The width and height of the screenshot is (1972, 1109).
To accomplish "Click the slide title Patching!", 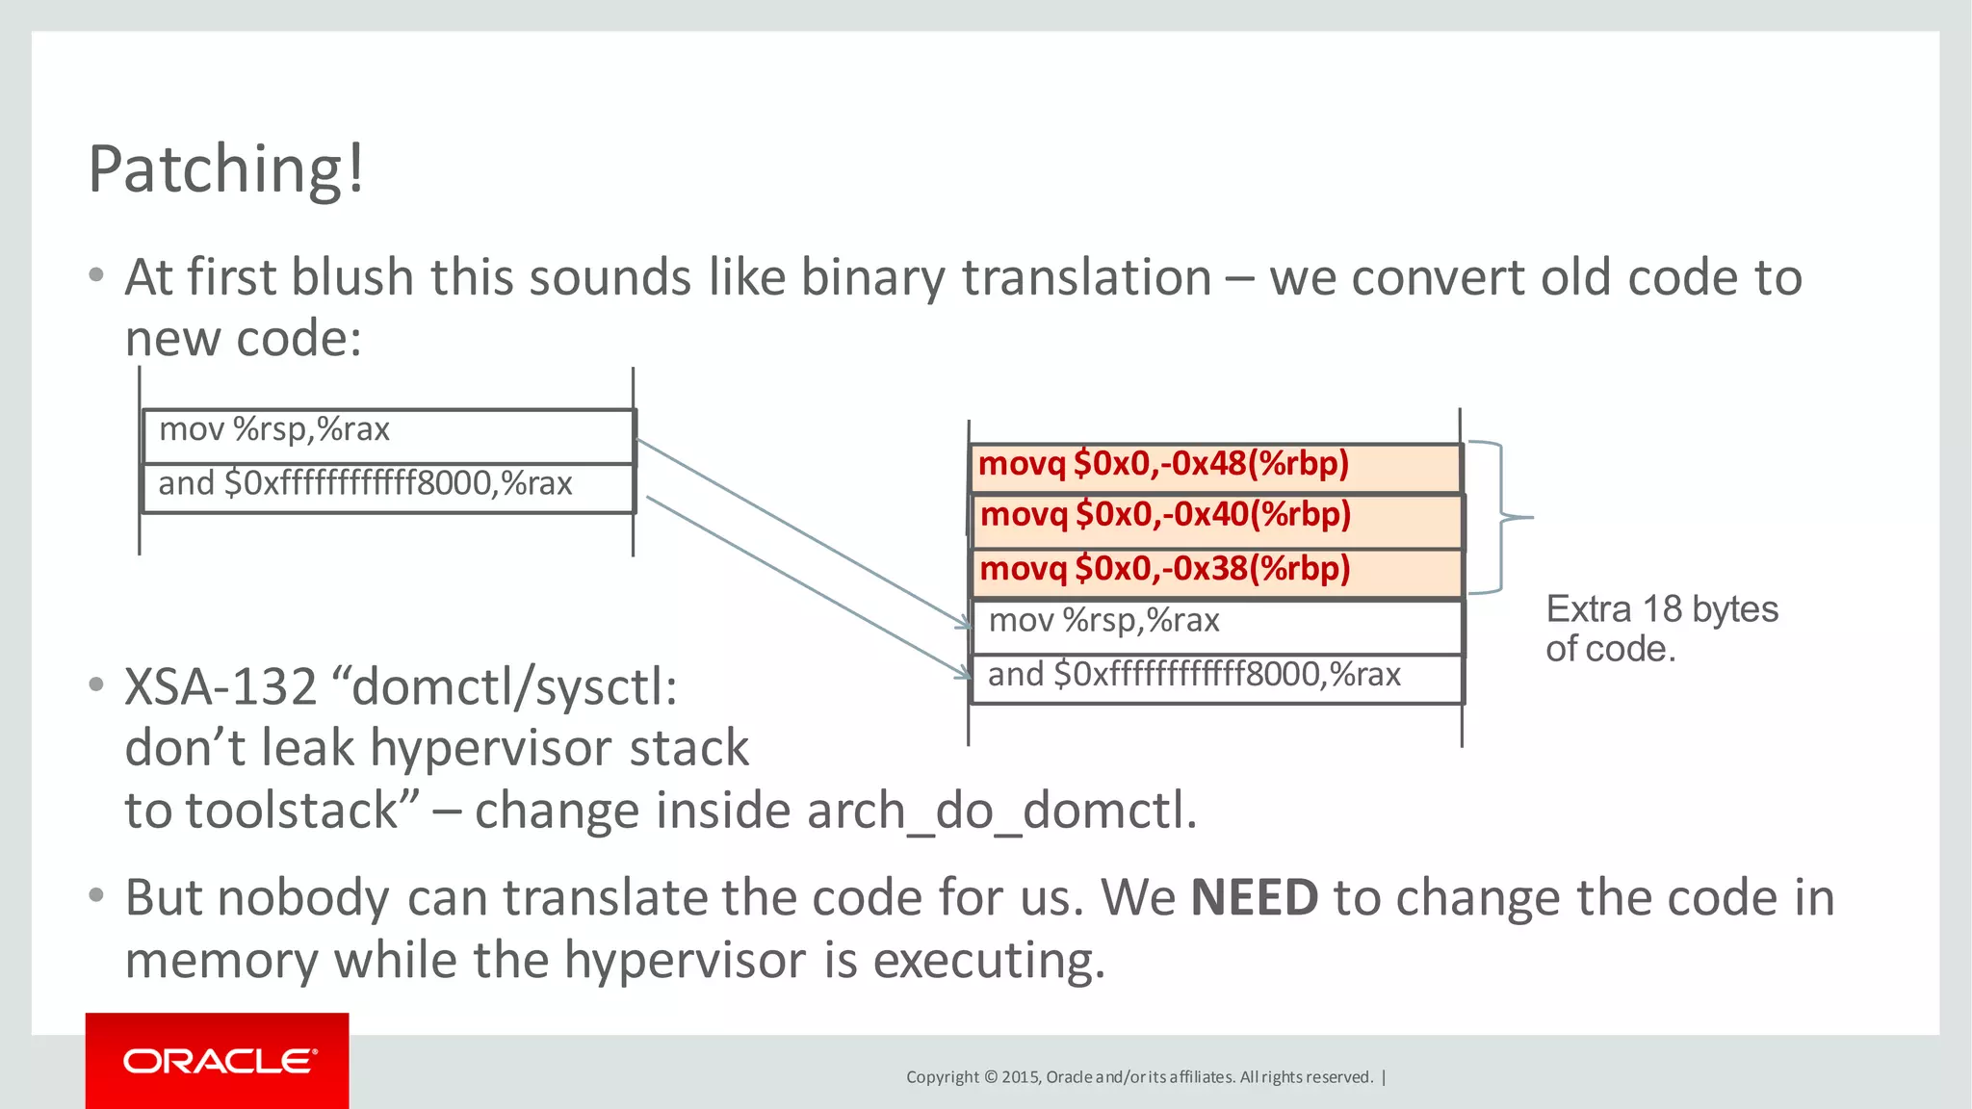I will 226,169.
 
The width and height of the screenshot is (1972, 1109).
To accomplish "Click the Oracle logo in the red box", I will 219,1061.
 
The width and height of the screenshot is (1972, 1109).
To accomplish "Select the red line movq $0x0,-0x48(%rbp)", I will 1163,465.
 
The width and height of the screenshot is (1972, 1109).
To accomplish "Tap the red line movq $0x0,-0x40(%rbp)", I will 1165,516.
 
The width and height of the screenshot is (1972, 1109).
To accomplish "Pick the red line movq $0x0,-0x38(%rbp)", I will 1165,570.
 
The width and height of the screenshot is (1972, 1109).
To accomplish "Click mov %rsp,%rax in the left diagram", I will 274,429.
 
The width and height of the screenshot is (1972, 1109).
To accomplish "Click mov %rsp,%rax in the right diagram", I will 1103,621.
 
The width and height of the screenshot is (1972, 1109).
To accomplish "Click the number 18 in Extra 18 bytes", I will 1662,609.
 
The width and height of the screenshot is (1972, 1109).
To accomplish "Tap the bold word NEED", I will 1254,898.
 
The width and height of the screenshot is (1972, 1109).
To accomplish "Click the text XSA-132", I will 221,687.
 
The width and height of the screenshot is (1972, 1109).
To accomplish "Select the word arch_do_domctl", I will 1001,811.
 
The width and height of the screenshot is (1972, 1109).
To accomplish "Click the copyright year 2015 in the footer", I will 1021,1077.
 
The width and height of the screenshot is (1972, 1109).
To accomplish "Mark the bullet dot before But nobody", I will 95,896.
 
